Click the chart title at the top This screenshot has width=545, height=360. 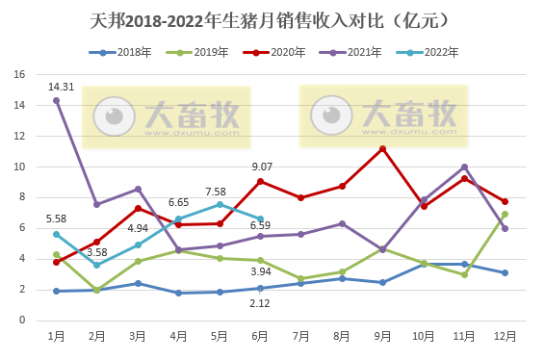pyautogui.click(x=272, y=19)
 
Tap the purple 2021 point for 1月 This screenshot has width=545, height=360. pyautogui.click(x=57, y=100)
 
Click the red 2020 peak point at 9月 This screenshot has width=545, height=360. pyautogui.click(x=382, y=148)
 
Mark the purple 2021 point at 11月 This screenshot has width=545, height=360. pyautogui.click(x=464, y=167)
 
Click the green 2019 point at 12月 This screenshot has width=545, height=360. pyautogui.click(x=505, y=214)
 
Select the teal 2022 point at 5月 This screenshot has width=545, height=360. pyautogui.click(x=220, y=204)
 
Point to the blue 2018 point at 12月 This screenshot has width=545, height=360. pyautogui.click(x=505, y=272)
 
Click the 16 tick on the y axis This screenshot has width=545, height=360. pyautogui.click(x=19, y=74)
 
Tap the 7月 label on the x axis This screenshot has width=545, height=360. pyautogui.click(x=300, y=336)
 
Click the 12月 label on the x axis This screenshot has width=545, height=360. pyautogui.click(x=505, y=336)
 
